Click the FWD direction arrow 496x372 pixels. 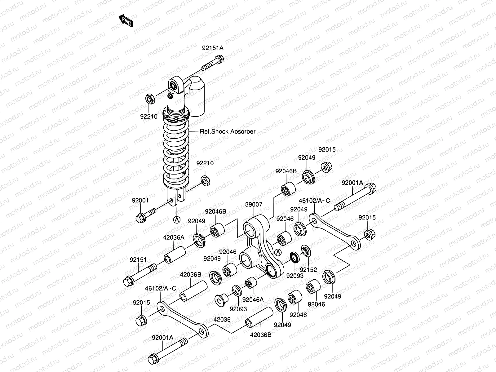[126, 21]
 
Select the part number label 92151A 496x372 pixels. [213, 48]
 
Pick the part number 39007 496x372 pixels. [254, 204]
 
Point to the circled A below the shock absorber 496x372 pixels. [176, 220]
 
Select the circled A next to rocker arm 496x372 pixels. [278, 252]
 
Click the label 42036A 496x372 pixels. [174, 238]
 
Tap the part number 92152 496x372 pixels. [308, 269]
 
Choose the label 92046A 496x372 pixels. [253, 299]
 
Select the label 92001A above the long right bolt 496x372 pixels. [352, 183]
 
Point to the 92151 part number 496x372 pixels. [138, 260]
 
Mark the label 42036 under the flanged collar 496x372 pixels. [222, 319]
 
